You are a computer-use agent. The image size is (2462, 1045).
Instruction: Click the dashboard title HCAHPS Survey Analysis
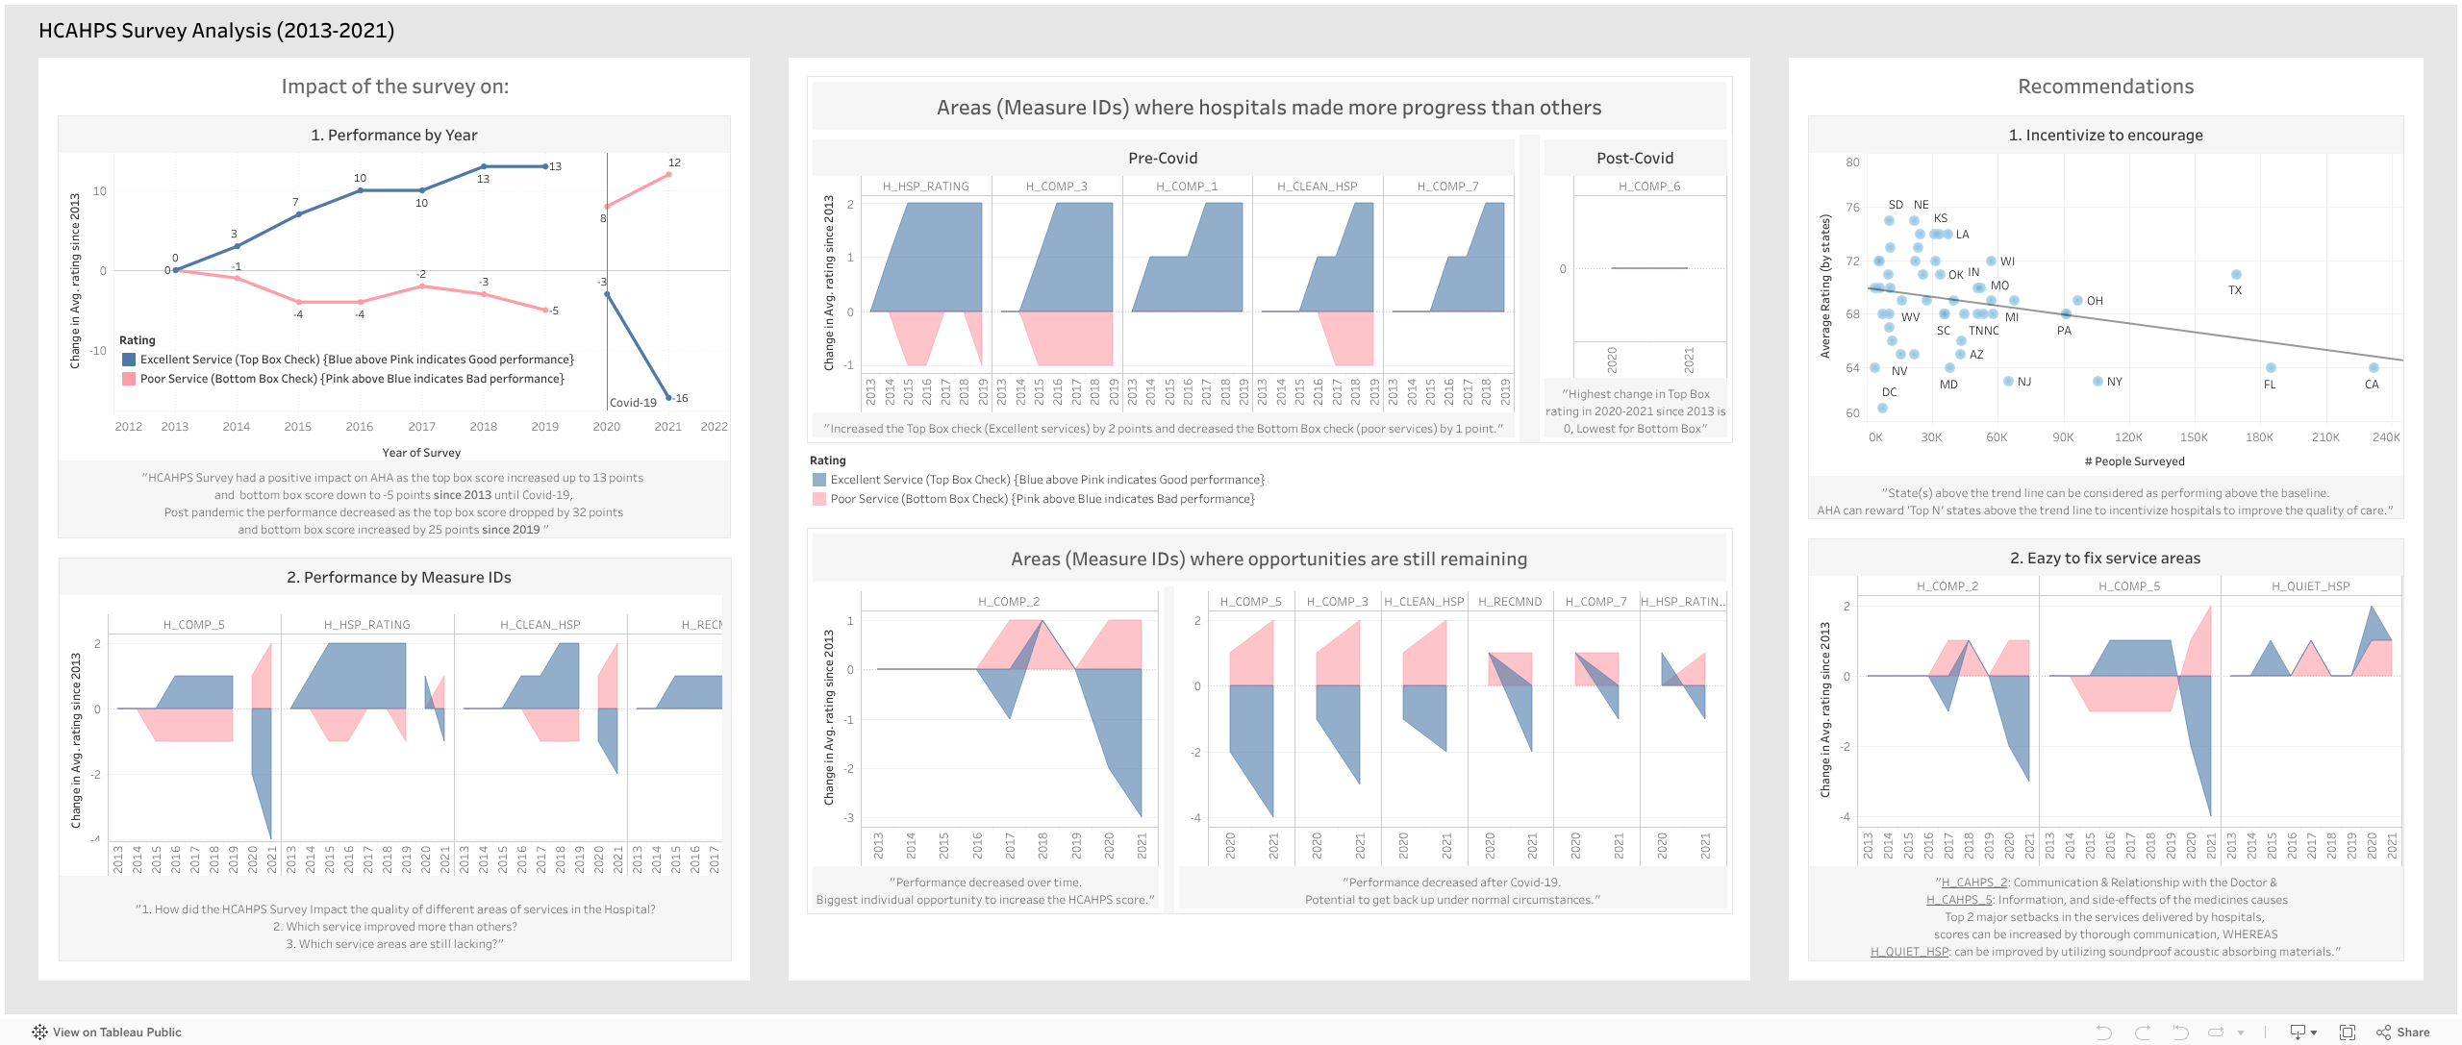click(216, 31)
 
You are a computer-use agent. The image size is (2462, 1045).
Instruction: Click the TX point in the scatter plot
click(2236, 275)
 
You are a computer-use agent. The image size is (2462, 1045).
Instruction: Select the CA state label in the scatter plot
click(2372, 385)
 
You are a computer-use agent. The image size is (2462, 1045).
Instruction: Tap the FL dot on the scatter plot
click(2271, 368)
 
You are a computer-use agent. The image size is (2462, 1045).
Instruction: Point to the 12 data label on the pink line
click(674, 162)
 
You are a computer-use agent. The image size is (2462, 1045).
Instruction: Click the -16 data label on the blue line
click(680, 398)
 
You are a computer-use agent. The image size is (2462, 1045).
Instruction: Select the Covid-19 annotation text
click(633, 403)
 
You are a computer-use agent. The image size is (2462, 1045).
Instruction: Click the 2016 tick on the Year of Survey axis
click(359, 427)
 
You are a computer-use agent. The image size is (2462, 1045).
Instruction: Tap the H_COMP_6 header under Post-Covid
click(1648, 187)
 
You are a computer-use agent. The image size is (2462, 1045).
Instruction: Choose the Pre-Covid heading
click(1162, 158)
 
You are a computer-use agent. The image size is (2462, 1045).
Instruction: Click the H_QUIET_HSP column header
click(2310, 586)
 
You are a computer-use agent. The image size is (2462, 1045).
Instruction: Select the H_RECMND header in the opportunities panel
click(1510, 602)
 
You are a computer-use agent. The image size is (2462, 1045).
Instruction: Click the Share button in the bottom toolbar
click(2403, 1033)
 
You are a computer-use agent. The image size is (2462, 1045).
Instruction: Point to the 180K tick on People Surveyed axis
click(2259, 437)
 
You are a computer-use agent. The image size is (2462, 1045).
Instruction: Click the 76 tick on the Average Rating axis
click(1852, 208)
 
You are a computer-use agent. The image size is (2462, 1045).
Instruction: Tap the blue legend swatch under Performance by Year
click(129, 360)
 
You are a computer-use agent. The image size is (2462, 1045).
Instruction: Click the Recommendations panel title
click(2105, 87)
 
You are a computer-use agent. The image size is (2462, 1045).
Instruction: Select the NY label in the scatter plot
click(2114, 382)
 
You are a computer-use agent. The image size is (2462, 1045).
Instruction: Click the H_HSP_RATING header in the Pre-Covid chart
click(925, 187)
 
